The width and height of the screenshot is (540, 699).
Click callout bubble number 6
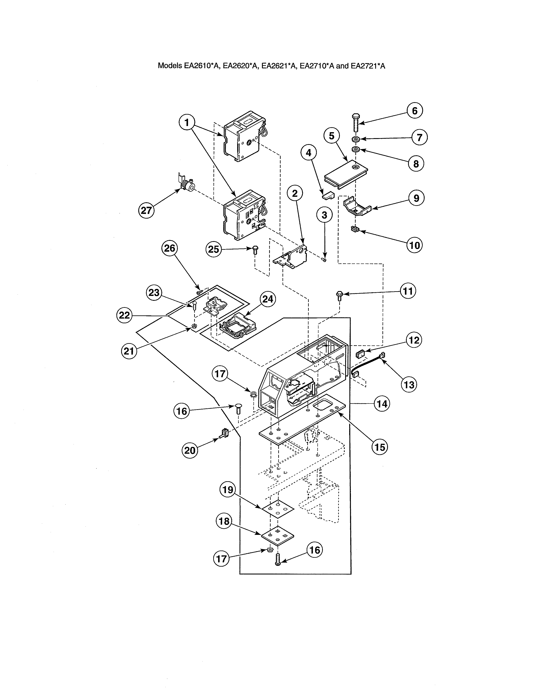tap(415, 111)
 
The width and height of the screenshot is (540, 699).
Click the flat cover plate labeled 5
tap(346, 173)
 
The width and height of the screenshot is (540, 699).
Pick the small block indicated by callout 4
tap(328, 195)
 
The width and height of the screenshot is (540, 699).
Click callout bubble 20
tap(190, 450)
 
